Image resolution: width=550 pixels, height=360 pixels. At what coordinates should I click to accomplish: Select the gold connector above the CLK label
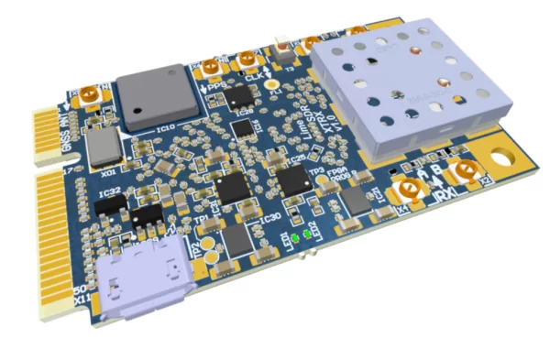click(x=246, y=61)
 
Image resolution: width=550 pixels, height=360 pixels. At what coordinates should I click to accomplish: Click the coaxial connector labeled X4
click(x=405, y=191)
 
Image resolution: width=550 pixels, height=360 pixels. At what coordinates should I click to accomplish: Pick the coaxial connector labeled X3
click(x=467, y=170)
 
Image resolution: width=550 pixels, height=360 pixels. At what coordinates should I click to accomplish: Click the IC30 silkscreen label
click(x=269, y=218)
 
